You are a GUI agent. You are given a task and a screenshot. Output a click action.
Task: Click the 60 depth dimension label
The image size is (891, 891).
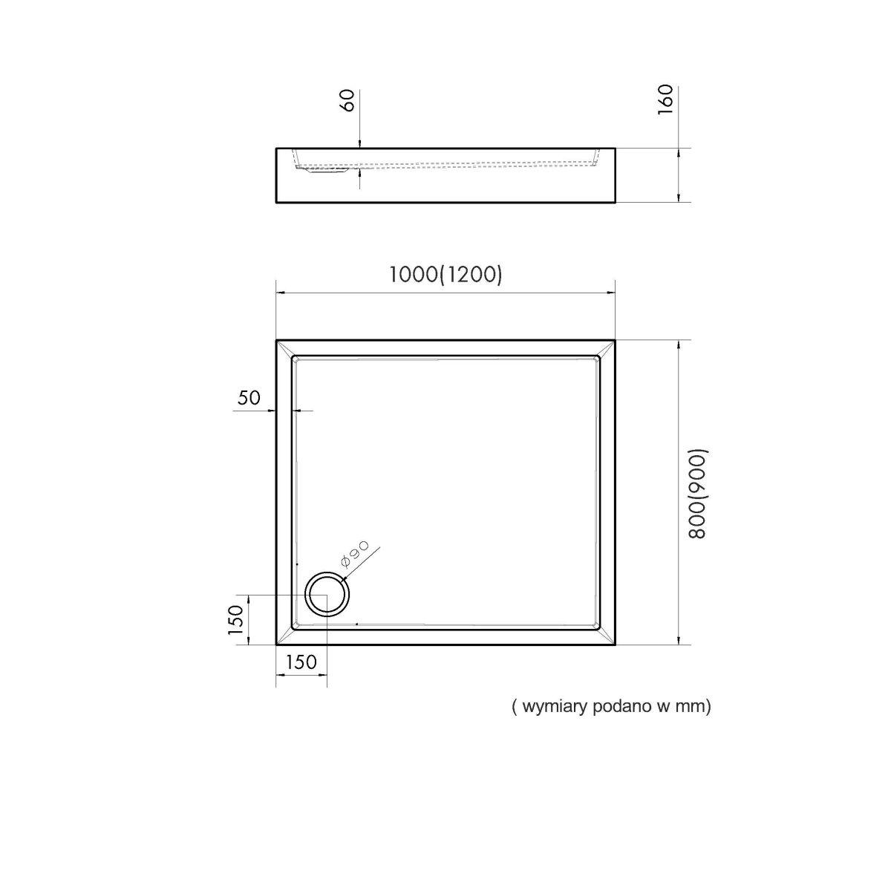349,100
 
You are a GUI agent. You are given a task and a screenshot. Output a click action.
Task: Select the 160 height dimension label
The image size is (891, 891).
665,100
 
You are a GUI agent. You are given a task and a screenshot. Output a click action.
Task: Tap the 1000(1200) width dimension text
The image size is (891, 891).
446,275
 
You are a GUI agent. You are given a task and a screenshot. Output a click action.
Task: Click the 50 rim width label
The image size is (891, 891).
249,398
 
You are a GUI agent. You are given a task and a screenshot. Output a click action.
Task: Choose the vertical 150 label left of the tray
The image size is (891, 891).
236,619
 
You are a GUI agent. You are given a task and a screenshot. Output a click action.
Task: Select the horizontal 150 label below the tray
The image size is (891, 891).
301,662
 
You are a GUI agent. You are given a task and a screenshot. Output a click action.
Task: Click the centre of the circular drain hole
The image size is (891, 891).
327,595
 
